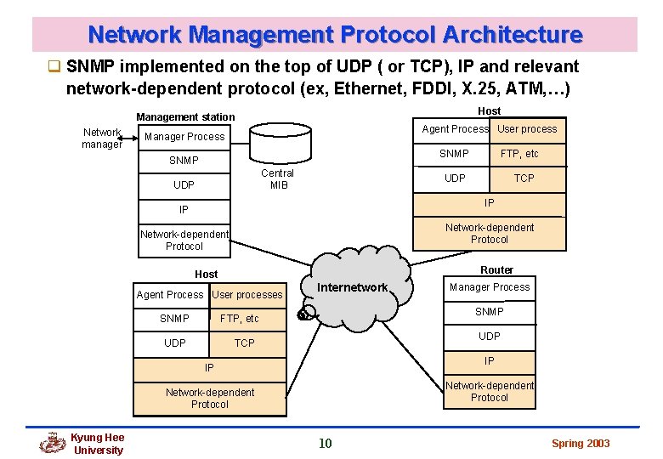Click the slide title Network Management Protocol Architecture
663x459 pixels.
click(335, 35)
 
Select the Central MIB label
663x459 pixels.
click(277, 179)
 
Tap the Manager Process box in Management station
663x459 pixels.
click(184, 137)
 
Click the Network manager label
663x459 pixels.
click(102, 138)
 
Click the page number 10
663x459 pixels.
click(325, 443)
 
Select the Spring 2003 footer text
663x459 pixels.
click(581, 443)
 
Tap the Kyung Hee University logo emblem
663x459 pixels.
click(54, 443)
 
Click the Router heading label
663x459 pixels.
click(496, 269)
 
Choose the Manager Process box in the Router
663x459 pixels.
click(490, 287)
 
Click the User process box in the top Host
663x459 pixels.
click(527, 129)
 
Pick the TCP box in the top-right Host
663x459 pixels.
click(524, 178)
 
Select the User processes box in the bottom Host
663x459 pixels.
click(246, 295)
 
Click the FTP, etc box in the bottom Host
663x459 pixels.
click(239, 319)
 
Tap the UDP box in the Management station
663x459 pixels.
click(184, 185)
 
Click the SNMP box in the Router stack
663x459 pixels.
click(490, 312)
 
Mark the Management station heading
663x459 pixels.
click(185, 117)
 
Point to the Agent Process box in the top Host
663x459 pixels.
click(455, 129)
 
